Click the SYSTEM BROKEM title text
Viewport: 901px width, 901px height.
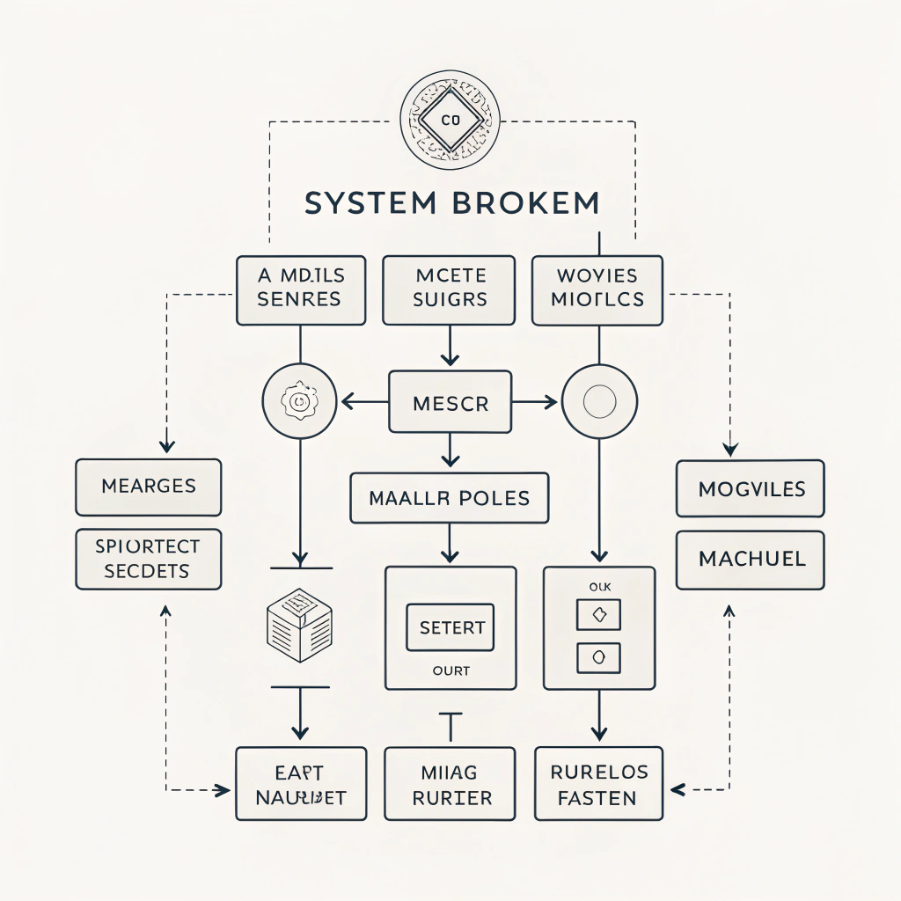point(451,202)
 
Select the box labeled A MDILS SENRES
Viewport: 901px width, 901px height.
point(300,289)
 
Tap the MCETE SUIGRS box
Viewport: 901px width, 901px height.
point(449,289)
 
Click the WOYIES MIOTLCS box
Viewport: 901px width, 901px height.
point(597,289)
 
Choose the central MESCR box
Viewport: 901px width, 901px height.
point(450,403)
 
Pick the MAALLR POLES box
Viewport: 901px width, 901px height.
point(449,498)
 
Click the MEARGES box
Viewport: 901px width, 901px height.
point(149,487)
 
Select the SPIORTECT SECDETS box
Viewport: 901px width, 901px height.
point(148,559)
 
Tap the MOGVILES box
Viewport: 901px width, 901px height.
point(751,488)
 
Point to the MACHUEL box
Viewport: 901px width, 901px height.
point(751,560)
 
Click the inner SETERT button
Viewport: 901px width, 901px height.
point(450,627)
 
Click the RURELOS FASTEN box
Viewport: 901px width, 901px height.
point(597,784)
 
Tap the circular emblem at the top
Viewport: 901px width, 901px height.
point(450,120)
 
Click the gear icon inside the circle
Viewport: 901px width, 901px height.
point(300,402)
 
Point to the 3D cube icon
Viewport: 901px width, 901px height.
point(299,625)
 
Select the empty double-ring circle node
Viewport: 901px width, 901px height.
point(598,402)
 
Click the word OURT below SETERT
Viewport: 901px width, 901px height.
point(450,671)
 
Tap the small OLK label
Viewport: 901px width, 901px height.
point(598,585)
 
